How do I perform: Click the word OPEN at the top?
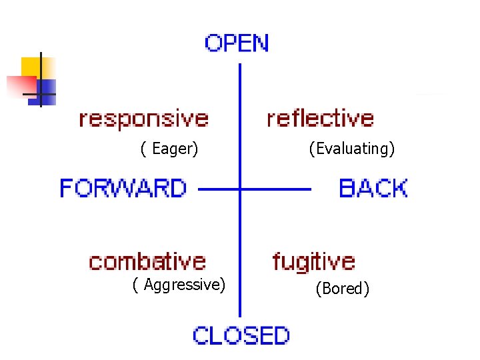[237, 43]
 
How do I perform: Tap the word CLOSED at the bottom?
[241, 335]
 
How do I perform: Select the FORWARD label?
[123, 188]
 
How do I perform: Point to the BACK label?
[373, 188]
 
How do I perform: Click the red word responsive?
[144, 119]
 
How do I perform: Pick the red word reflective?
[320, 119]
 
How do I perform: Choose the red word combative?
[147, 261]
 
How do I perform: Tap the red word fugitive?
[314, 262]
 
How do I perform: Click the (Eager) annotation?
[169, 149]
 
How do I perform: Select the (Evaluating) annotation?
[352, 149]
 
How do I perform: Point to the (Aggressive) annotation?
[179, 285]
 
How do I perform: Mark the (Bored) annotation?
[343, 289]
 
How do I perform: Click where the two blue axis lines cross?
[240, 189]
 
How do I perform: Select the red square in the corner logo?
[20, 85]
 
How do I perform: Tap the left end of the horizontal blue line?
[200, 189]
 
